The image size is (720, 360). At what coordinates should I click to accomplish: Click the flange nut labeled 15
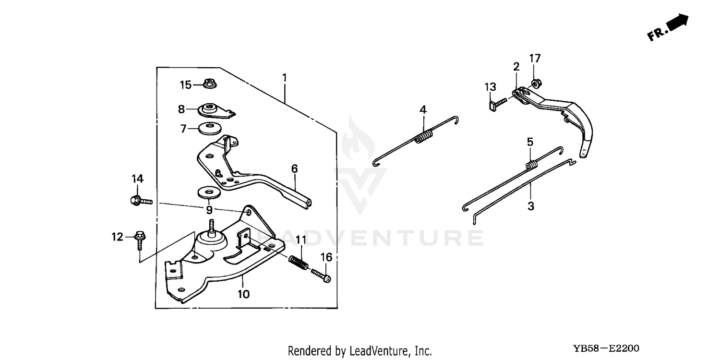point(210,83)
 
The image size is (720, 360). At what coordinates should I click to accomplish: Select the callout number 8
point(181,109)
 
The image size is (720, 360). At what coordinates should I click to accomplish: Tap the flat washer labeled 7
point(210,129)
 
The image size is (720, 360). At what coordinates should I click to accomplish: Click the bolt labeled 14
point(141,201)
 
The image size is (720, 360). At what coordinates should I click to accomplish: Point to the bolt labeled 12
point(140,240)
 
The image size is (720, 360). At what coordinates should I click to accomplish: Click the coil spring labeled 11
point(299,262)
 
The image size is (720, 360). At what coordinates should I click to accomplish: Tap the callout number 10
point(244,294)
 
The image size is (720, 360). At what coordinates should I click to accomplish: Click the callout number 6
point(294,169)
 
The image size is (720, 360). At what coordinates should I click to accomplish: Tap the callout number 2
point(516,67)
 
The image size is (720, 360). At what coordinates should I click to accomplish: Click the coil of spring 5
point(531,165)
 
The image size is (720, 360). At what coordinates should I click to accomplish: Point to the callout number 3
point(531,206)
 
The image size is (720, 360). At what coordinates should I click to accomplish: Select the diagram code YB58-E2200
point(606,348)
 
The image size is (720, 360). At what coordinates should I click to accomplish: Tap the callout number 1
point(285,78)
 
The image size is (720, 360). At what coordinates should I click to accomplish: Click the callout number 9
point(209,210)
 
